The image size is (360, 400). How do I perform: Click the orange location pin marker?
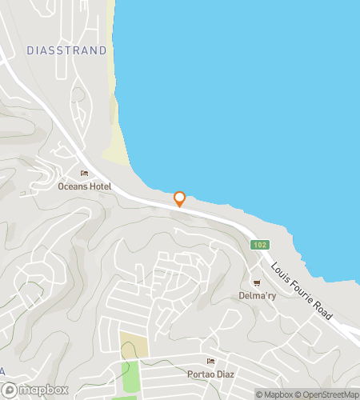click(x=179, y=198)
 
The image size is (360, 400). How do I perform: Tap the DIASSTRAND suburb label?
click(x=66, y=50)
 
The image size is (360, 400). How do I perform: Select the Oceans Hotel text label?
click(x=84, y=186)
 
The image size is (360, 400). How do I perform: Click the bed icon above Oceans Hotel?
click(x=84, y=174)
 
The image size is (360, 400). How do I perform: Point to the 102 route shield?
click(x=259, y=245)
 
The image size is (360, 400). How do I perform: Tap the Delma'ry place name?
click(x=257, y=295)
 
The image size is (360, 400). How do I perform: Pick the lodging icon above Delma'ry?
click(x=257, y=282)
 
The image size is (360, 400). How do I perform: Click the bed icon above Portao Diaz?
click(x=210, y=362)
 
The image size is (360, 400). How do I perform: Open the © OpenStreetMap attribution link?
click(x=329, y=394)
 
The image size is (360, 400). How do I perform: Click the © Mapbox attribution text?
click(x=275, y=394)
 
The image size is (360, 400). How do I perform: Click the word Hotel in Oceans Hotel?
click(x=98, y=186)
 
